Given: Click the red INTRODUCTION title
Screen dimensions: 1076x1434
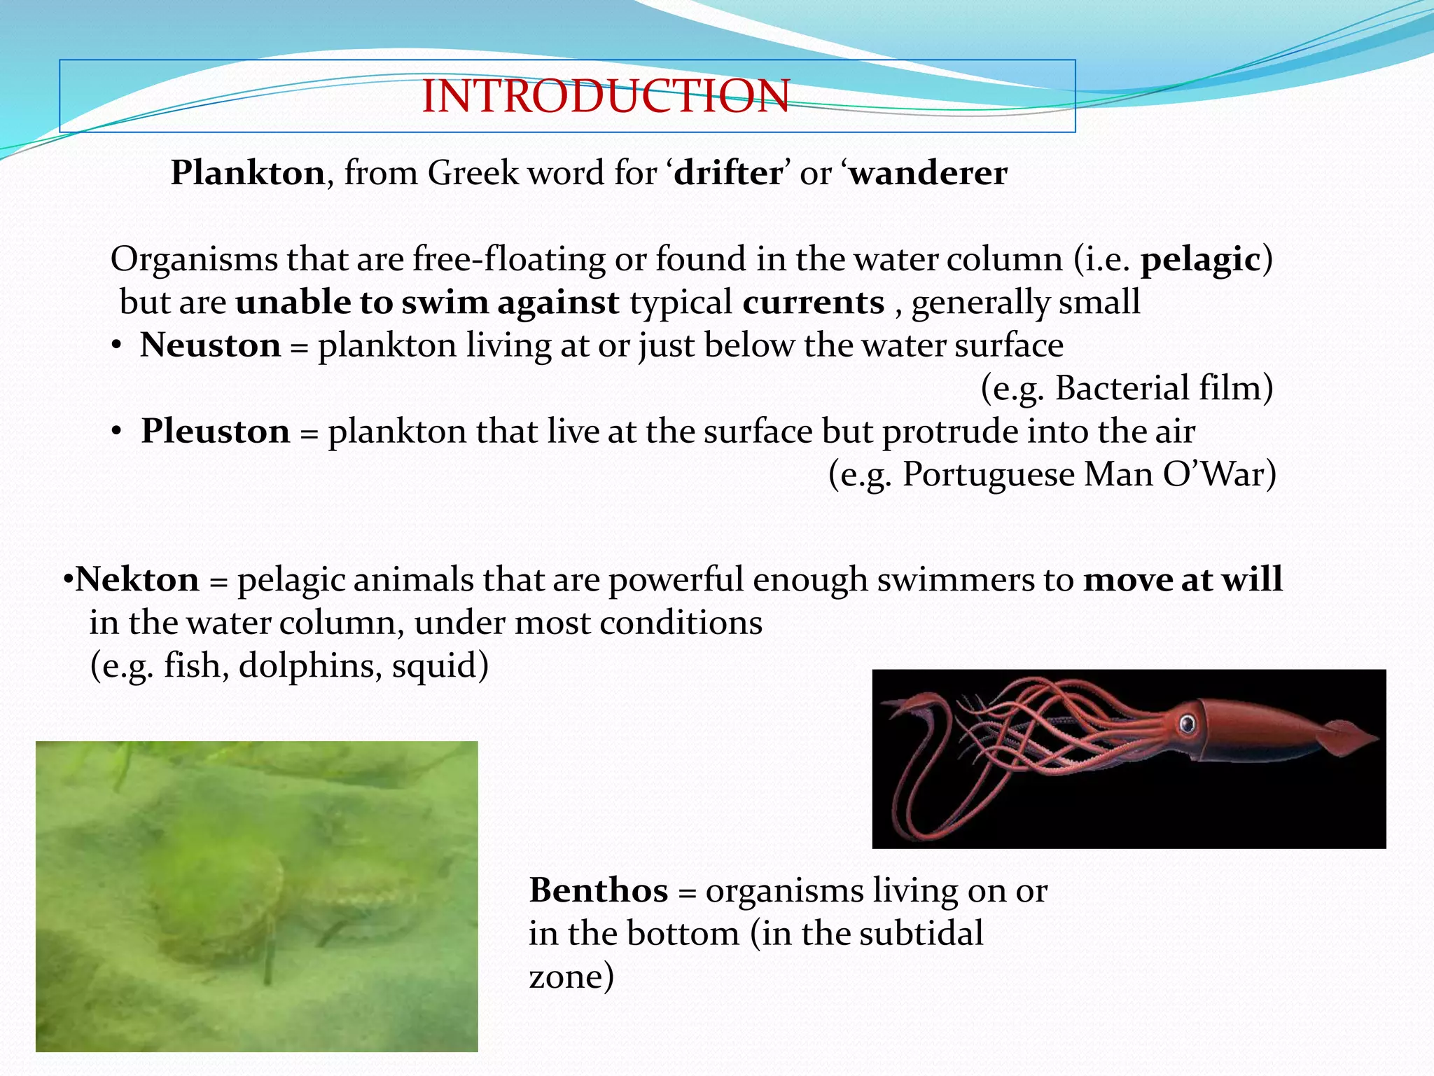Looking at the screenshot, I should [606, 96].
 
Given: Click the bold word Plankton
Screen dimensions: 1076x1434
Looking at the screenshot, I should [248, 172].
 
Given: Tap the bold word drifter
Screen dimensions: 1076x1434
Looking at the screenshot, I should [728, 172].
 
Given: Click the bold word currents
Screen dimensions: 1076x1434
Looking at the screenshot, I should [813, 302].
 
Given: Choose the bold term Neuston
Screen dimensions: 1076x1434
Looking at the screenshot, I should [210, 345].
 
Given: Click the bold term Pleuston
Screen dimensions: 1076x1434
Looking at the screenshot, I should [216, 431].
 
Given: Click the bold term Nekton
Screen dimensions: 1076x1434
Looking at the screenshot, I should [137, 580].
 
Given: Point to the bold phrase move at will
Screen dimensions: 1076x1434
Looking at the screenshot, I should [1183, 580].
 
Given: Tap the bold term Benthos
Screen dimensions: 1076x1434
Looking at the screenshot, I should [599, 891].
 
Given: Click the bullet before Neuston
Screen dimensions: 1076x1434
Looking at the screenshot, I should [117, 346].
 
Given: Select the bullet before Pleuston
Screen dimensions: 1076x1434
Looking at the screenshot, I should [117, 432].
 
